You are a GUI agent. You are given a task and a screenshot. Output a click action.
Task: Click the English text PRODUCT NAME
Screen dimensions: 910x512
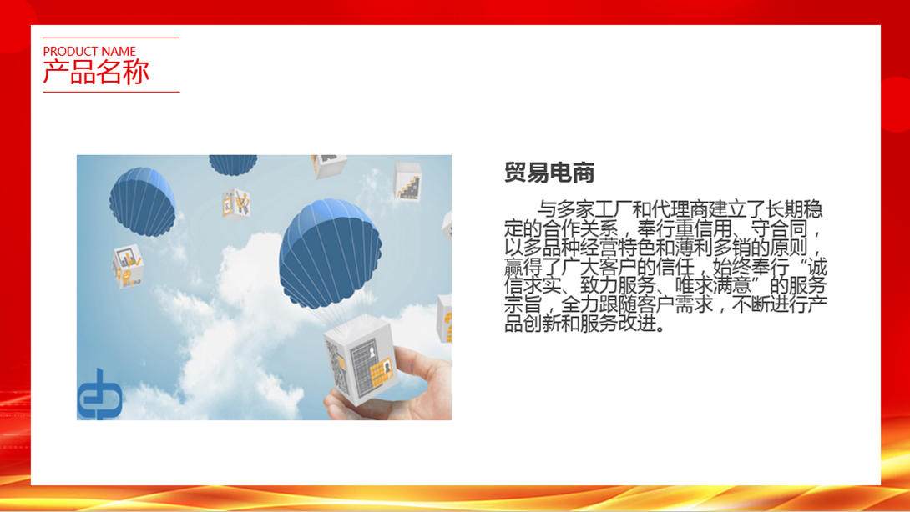[89, 51]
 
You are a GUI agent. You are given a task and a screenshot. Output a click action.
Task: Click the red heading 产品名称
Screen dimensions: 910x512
[96, 73]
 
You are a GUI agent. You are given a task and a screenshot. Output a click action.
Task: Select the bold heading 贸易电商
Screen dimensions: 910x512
[549, 173]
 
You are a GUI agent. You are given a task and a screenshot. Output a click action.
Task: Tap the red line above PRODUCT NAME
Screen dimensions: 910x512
[111, 38]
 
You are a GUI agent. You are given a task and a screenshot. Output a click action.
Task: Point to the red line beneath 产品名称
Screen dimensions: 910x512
[111, 92]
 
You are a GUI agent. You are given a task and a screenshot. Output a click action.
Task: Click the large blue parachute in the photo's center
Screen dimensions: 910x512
[330, 253]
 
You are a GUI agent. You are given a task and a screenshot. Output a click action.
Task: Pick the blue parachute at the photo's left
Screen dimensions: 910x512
[142, 201]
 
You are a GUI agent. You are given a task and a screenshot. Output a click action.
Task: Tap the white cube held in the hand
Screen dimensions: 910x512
[361, 359]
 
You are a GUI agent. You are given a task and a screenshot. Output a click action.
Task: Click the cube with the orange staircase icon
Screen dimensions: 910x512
[408, 182]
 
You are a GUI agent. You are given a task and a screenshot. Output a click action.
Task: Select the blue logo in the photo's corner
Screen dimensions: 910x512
[100, 394]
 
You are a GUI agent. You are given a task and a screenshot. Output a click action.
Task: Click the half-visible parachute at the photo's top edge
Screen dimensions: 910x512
[233, 164]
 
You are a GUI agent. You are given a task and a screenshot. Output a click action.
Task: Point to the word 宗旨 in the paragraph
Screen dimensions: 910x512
[523, 304]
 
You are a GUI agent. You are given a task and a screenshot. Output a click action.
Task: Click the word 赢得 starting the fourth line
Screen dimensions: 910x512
[523, 267]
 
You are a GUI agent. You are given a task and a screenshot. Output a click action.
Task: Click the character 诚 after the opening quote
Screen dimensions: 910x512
[817, 267]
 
